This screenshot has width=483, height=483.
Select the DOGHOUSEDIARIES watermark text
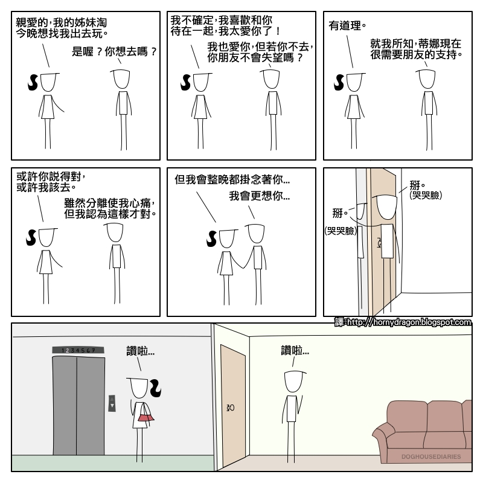click(x=430, y=457)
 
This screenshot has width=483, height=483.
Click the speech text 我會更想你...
click(x=259, y=196)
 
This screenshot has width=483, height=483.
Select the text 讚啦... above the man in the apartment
click(x=295, y=350)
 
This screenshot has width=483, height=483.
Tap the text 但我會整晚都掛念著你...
click(x=232, y=180)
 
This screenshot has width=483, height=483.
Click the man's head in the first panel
click(x=123, y=79)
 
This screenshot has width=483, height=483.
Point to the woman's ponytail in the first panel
click(x=32, y=83)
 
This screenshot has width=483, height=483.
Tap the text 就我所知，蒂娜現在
click(x=416, y=43)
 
